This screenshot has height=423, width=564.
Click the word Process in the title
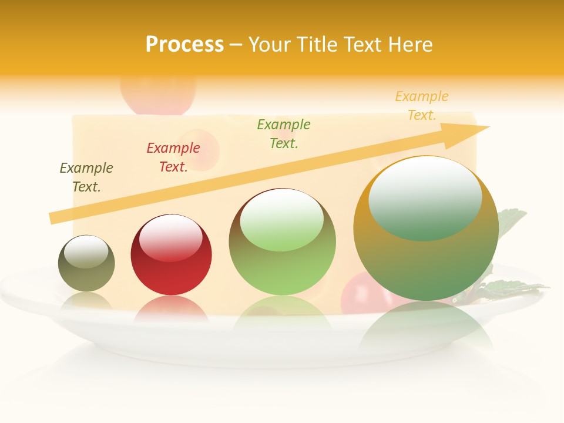coord(184,45)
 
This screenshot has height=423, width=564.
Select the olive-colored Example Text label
coord(86,177)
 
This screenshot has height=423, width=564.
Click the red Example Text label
coord(173,157)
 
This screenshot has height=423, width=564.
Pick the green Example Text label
coord(284,134)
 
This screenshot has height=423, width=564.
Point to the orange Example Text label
coord(422,106)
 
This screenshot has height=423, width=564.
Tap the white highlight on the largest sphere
coord(425,197)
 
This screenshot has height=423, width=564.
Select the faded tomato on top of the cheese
coord(157,94)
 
